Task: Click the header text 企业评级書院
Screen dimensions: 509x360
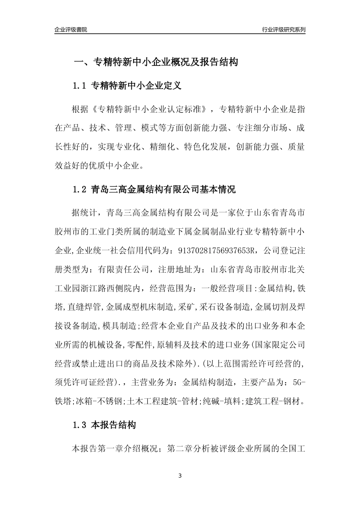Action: tap(71, 30)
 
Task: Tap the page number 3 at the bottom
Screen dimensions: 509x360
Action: tap(180, 476)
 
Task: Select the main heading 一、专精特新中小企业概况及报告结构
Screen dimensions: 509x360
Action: tap(156, 62)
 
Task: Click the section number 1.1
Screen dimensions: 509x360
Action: tap(80, 86)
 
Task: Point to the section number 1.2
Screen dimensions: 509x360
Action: tap(80, 189)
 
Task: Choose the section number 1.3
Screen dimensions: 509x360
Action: tap(80, 425)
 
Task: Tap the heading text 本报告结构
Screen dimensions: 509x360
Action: tap(114, 425)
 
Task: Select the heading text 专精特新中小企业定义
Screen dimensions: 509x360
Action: tap(136, 86)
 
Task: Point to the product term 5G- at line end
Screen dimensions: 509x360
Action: tap(299, 383)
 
